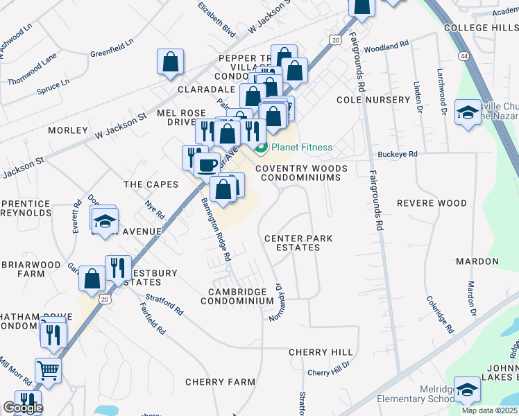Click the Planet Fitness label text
click(x=301, y=147)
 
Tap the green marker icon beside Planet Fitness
click(x=262, y=147)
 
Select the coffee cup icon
click(x=206, y=164)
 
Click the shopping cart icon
click(x=48, y=370)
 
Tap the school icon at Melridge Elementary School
click(x=467, y=391)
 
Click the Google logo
click(x=23, y=408)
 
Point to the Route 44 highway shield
click(x=463, y=55)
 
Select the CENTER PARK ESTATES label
click(x=298, y=243)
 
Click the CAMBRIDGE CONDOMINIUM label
click(x=237, y=296)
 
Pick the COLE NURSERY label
click(x=373, y=100)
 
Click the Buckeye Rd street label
click(x=397, y=154)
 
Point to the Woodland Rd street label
click(x=386, y=46)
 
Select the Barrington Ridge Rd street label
click(x=215, y=229)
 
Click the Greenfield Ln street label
click(x=111, y=51)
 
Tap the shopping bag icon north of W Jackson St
click(x=170, y=62)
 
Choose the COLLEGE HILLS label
click(x=480, y=27)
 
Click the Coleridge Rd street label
click(x=440, y=314)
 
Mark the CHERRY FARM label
click(x=214, y=382)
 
